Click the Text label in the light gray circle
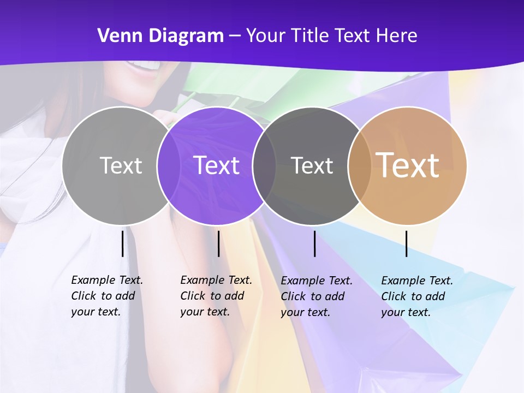pos(121,165)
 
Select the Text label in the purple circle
pos(217,165)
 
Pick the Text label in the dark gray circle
pos(312,165)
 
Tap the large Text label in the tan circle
pos(408,165)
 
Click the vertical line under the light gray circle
pos(122,243)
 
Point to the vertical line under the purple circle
pos(218,243)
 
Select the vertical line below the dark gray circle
pos(314,243)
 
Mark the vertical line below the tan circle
pos(406,243)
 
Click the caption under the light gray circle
pos(106,296)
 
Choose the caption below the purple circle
pos(216,296)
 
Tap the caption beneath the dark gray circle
pos(316,296)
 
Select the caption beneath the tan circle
pos(416,296)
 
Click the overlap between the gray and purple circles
pos(169,165)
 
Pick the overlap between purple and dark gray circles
pos(264,165)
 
